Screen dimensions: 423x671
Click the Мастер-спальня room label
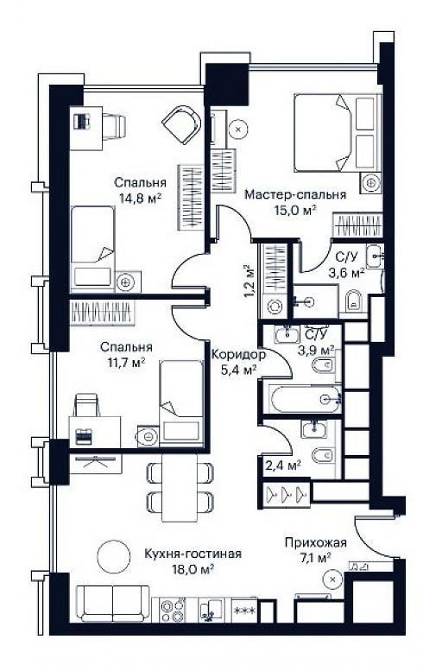click(295, 194)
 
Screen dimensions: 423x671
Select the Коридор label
click(238, 355)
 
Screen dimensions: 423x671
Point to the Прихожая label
click(316, 543)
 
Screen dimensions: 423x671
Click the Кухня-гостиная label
click(193, 554)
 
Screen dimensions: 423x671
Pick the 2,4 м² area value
click(283, 465)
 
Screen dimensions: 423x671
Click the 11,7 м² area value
click(127, 363)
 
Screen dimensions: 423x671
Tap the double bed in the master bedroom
click(337, 133)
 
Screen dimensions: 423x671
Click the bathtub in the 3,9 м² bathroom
click(306, 399)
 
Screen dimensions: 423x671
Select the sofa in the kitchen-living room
click(113, 603)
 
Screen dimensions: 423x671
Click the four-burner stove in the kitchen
click(173, 610)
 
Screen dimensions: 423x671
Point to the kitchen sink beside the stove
click(211, 610)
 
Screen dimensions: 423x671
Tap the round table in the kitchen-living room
click(113, 555)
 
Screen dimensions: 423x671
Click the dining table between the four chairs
click(180, 487)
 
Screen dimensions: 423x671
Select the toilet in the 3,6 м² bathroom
click(353, 301)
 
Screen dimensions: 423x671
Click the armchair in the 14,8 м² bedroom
click(182, 124)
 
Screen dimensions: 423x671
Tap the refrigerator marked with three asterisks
click(244, 610)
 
